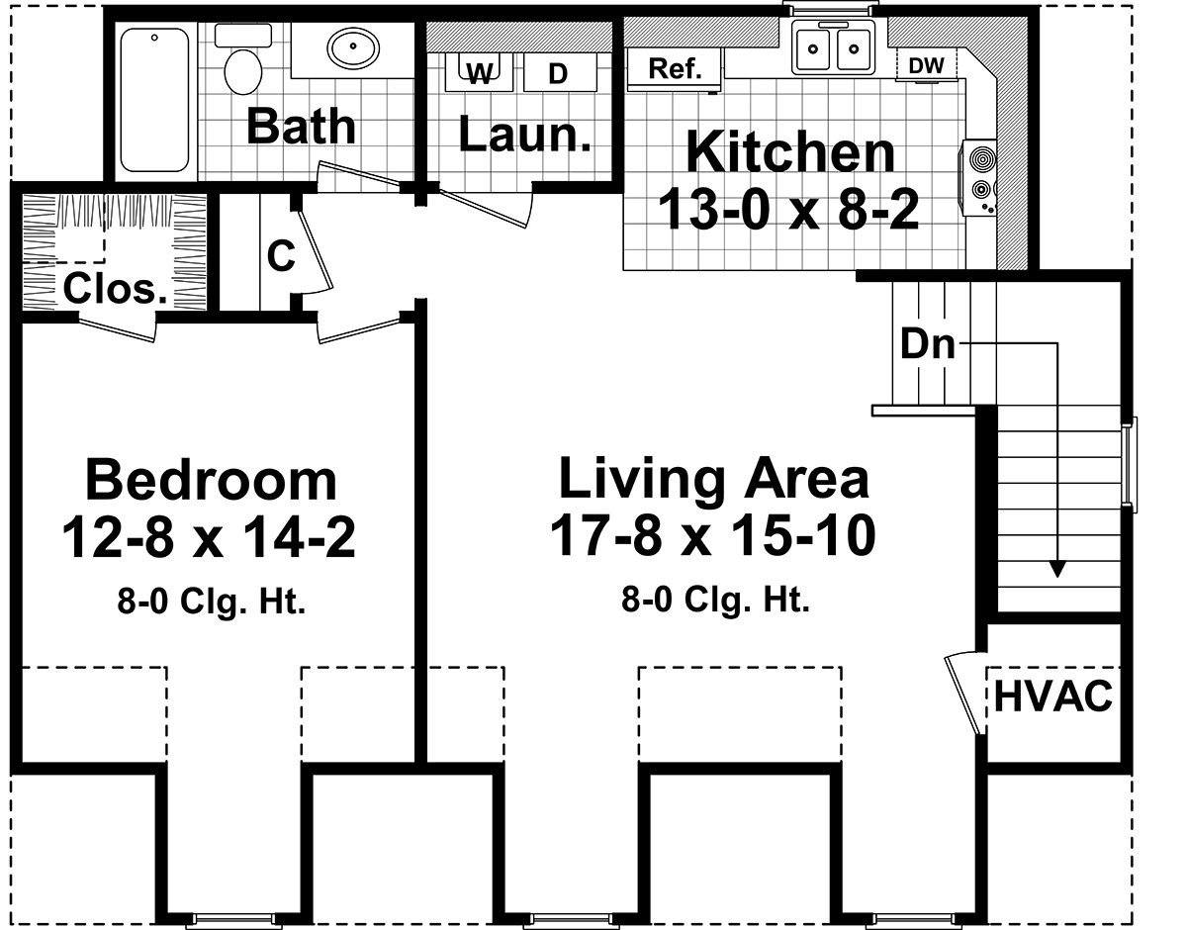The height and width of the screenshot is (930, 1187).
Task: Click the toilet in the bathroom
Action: pyautogui.click(x=243, y=60)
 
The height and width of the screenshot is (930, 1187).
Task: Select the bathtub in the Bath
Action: pyautogui.click(x=154, y=100)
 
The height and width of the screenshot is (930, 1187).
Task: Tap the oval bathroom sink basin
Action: pyautogui.click(x=353, y=47)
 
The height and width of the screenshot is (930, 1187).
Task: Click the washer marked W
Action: pyautogui.click(x=479, y=72)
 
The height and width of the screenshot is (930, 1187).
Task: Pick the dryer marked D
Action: pyautogui.click(x=559, y=72)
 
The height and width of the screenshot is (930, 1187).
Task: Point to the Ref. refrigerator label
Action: pyautogui.click(x=675, y=68)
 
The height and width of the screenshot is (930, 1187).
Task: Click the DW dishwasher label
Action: pyautogui.click(x=927, y=66)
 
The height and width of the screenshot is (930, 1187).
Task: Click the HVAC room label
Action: pyautogui.click(x=1053, y=697)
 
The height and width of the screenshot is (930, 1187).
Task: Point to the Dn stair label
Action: pyautogui.click(x=928, y=343)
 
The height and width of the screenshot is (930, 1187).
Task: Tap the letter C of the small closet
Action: pyautogui.click(x=281, y=255)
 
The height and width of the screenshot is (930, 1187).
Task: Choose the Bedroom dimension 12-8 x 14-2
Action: pyautogui.click(x=210, y=538)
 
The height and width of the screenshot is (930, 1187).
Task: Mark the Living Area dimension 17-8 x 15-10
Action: pyautogui.click(x=713, y=537)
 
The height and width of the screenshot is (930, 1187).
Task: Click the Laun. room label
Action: pyautogui.click(x=525, y=133)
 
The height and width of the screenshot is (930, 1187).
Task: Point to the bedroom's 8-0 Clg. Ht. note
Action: pyautogui.click(x=211, y=602)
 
